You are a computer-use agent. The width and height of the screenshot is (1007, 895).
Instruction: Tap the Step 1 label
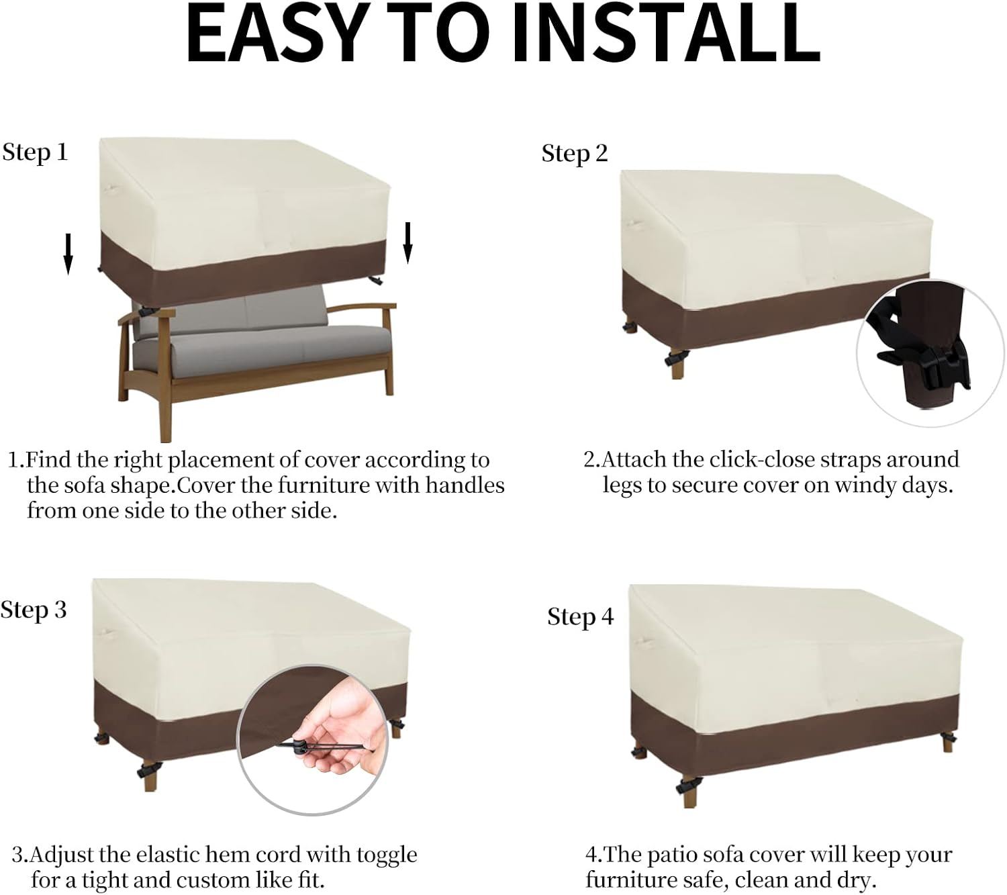35,152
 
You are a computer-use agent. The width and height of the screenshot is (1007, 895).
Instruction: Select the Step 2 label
575,154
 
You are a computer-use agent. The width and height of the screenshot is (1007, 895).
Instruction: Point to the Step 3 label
34,610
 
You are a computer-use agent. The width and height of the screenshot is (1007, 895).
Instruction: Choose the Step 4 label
581,616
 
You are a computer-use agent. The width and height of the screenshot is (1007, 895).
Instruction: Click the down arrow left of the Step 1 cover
68,254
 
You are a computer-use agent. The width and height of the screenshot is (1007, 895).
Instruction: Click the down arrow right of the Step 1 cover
407,242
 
